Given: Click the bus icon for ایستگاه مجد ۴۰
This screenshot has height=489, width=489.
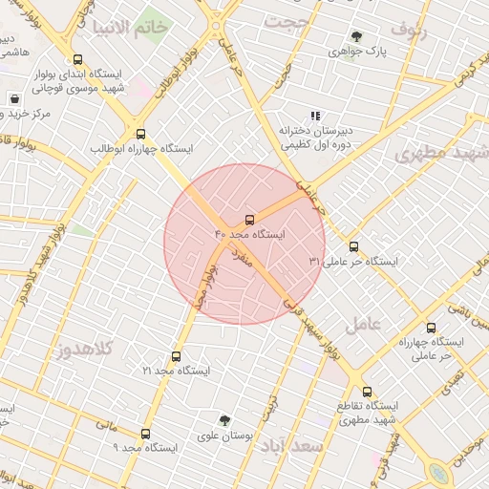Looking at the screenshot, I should (x=250, y=220).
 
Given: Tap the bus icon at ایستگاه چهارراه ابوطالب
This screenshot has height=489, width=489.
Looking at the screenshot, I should (x=141, y=134).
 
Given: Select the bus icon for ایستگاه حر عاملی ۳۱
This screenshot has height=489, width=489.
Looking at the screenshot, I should (x=354, y=245).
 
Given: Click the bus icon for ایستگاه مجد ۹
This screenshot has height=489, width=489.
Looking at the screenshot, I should (x=145, y=433).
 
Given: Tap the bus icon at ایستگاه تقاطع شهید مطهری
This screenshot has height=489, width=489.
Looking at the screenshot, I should (x=367, y=391).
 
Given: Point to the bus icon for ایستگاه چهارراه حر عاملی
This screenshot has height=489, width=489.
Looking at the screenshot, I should (x=431, y=328).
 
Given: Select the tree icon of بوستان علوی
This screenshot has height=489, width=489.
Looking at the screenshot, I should (x=224, y=419).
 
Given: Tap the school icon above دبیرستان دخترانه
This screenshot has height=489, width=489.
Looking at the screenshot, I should (x=315, y=116).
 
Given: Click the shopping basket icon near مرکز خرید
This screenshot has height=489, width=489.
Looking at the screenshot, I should (x=14, y=98).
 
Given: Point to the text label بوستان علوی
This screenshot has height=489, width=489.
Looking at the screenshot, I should (x=223, y=435).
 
